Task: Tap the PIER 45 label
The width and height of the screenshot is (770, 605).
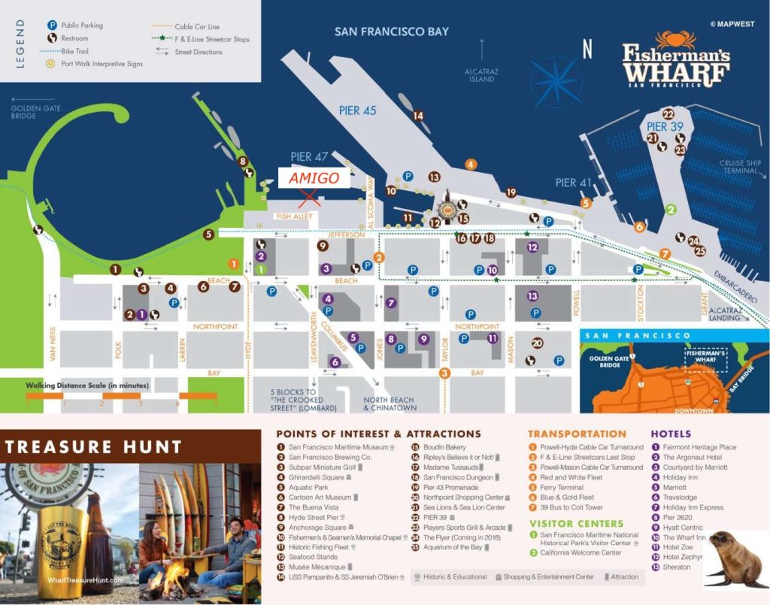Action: (359, 110)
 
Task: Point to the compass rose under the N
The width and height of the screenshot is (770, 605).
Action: (557, 82)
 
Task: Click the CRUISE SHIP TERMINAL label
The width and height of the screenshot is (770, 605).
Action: (741, 167)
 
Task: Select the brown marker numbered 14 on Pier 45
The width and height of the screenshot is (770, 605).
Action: (418, 116)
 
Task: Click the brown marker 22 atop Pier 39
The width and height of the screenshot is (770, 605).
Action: (668, 113)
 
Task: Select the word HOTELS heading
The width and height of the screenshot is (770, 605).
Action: (671, 434)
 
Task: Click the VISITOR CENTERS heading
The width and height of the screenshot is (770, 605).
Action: (576, 523)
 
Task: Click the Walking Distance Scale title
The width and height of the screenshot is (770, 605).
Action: (87, 386)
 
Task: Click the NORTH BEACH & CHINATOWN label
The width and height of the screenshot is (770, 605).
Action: (390, 404)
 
